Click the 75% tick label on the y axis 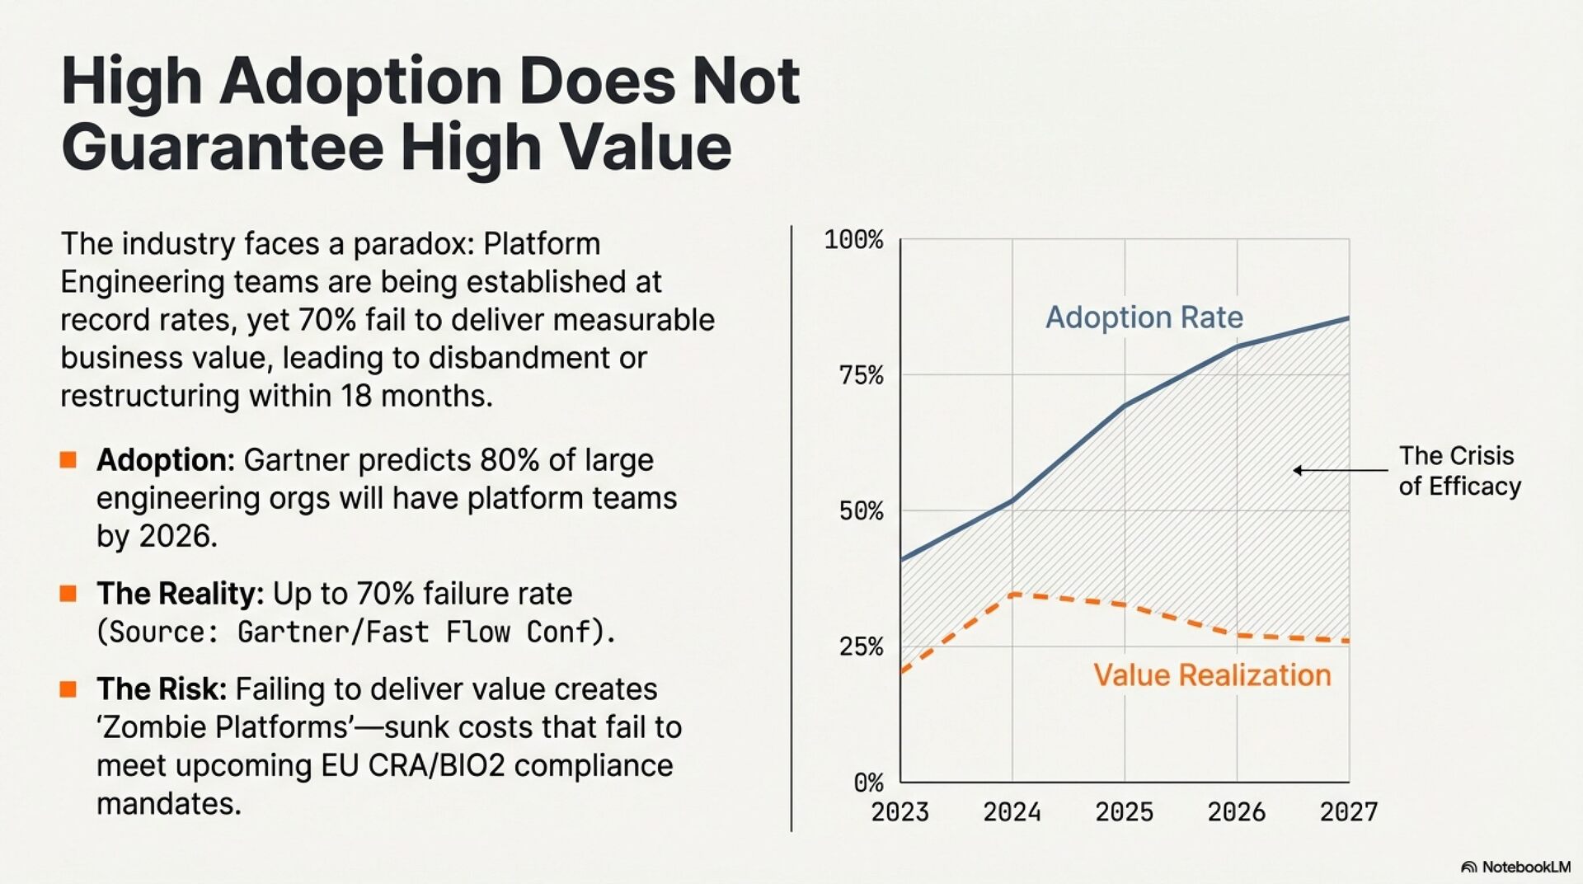pyautogui.click(x=861, y=376)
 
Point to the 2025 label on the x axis pyautogui.click(x=1124, y=812)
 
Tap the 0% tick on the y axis pyautogui.click(x=868, y=783)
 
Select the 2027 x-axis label pyautogui.click(x=1348, y=812)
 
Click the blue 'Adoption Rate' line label pyautogui.click(x=1144, y=317)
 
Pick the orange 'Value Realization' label pyautogui.click(x=1211, y=675)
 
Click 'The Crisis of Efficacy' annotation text pyautogui.click(x=1459, y=471)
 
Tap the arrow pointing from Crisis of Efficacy pyautogui.click(x=1339, y=471)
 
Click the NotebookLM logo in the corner pyautogui.click(x=1515, y=867)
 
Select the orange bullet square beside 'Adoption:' pyautogui.click(x=68, y=460)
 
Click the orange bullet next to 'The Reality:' pyautogui.click(x=68, y=594)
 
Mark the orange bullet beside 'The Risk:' pyautogui.click(x=68, y=689)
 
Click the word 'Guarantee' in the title pyautogui.click(x=222, y=147)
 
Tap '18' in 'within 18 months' pyautogui.click(x=356, y=396)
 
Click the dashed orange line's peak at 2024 pyautogui.click(x=1012, y=594)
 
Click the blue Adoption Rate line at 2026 pyautogui.click(x=1237, y=347)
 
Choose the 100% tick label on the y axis pyautogui.click(x=853, y=240)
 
